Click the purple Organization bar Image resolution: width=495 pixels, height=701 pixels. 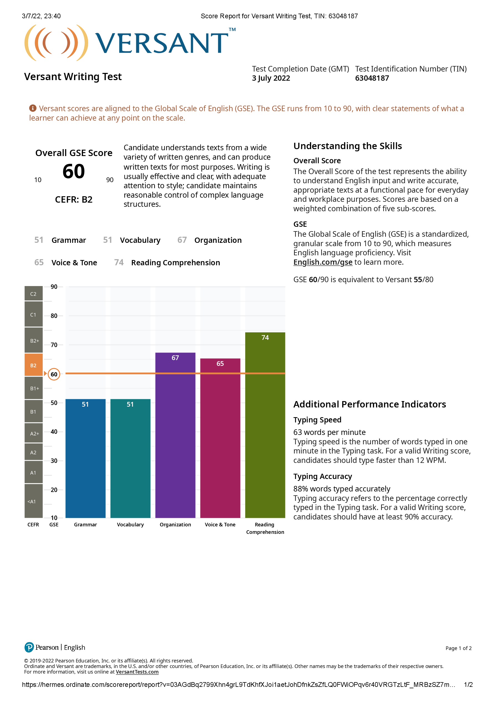coord(175,435)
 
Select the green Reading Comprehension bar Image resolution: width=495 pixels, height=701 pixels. coord(265,425)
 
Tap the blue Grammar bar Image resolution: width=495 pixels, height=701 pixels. coord(85,458)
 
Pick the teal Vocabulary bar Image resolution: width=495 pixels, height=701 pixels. coord(130,458)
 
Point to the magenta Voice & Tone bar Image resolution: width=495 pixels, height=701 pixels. coord(220,438)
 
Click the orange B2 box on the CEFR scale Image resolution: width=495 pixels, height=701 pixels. coord(34,365)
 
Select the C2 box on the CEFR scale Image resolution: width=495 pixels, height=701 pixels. coord(34,294)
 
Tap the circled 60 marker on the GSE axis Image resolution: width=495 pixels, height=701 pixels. coord(54,374)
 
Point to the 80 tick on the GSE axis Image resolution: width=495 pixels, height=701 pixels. coord(54,316)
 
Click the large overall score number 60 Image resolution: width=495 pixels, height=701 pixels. coord(73,171)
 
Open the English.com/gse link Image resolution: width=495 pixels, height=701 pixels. coord(323,262)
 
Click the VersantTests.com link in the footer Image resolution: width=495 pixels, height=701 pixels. coord(137,672)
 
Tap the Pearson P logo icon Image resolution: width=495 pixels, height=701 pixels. coord(29,647)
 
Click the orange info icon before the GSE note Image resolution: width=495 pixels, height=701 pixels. coord(33,108)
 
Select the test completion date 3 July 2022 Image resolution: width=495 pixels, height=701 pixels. coord(271,78)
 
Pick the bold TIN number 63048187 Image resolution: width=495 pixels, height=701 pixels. coord(372,78)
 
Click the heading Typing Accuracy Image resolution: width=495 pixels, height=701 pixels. coord(323,476)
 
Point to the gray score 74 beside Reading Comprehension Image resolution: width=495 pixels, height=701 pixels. coord(119,262)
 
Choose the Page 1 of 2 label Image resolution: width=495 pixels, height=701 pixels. coord(458,648)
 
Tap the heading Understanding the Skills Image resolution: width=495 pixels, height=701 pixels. coord(347,146)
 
